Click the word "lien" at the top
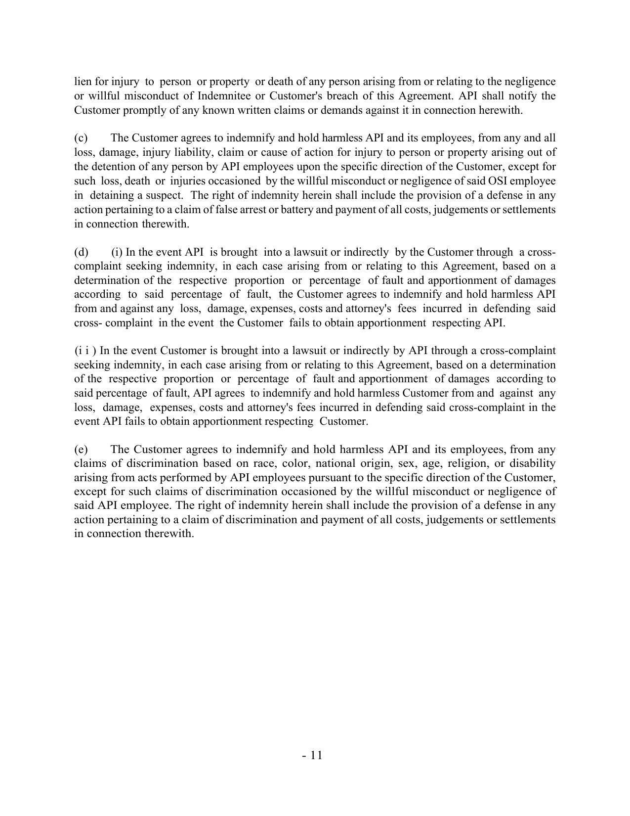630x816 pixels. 83,81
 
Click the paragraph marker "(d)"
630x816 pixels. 81,252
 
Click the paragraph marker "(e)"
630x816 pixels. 81,449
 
